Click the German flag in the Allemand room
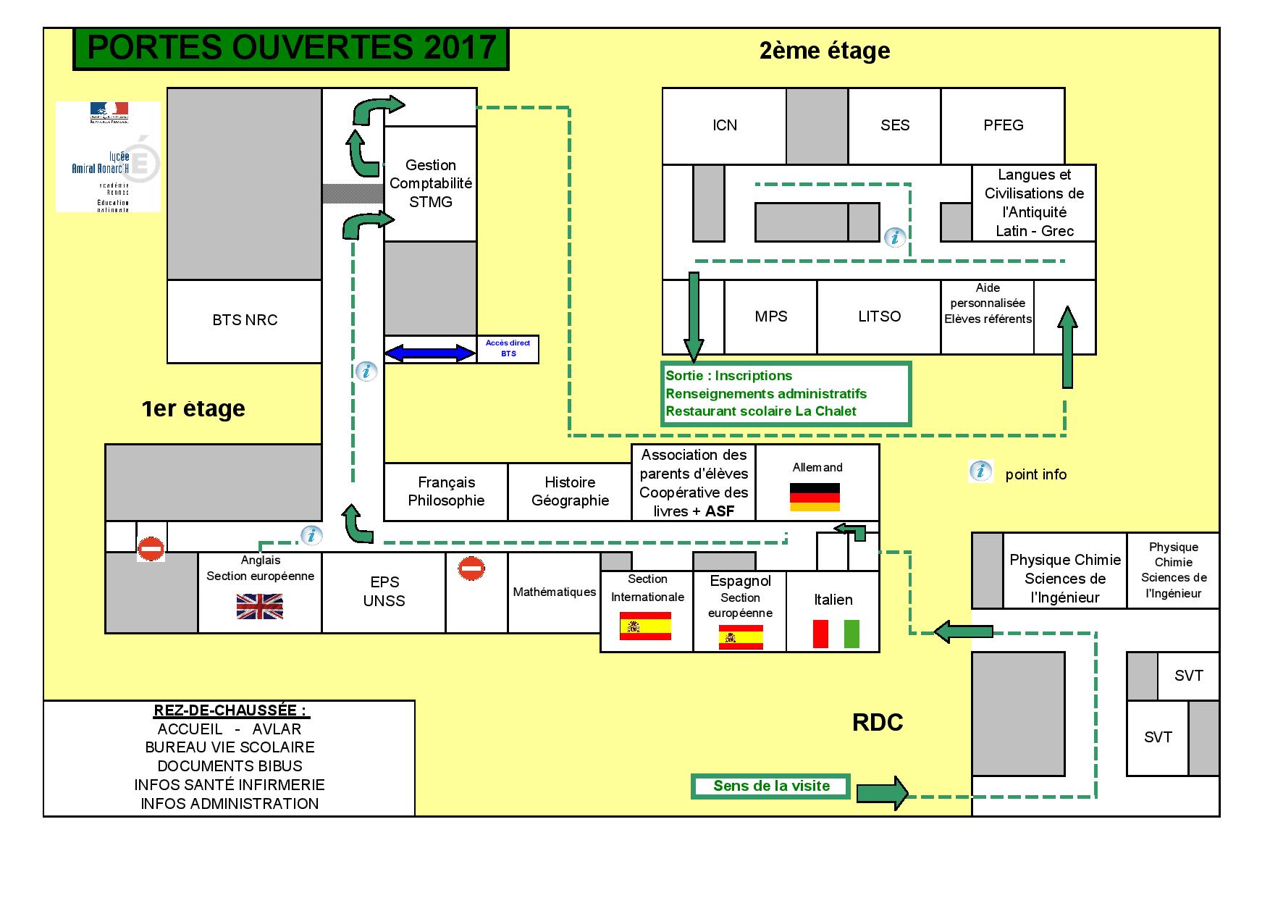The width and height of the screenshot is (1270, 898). tap(815, 497)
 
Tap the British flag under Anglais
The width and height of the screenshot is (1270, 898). tap(259, 606)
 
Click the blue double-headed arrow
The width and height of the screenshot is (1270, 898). tap(429, 353)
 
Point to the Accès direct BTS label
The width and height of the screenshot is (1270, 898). tap(508, 348)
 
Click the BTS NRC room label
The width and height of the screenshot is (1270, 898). tap(245, 320)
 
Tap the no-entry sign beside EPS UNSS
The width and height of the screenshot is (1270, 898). tap(471, 568)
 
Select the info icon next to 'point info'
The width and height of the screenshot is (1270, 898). tap(980, 471)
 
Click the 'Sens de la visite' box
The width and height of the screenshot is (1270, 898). tap(770, 786)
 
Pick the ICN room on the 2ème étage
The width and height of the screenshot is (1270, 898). tap(724, 125)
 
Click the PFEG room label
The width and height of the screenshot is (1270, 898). tap(1003, 125)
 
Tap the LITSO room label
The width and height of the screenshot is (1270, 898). tap(879, 316)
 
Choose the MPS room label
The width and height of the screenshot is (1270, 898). tap(770, 316)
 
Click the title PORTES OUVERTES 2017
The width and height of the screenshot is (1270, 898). tap(291, 49)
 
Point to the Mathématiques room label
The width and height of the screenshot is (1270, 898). tap(554, 592)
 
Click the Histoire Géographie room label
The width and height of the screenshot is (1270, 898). tap(570, 491)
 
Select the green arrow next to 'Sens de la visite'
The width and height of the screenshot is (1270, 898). tap(882, 793)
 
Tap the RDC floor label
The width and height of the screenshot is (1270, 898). tap(878, 723)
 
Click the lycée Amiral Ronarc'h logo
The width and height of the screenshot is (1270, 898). tap(109, 157)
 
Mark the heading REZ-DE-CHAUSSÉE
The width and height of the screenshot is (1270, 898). tap(230, 710)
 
